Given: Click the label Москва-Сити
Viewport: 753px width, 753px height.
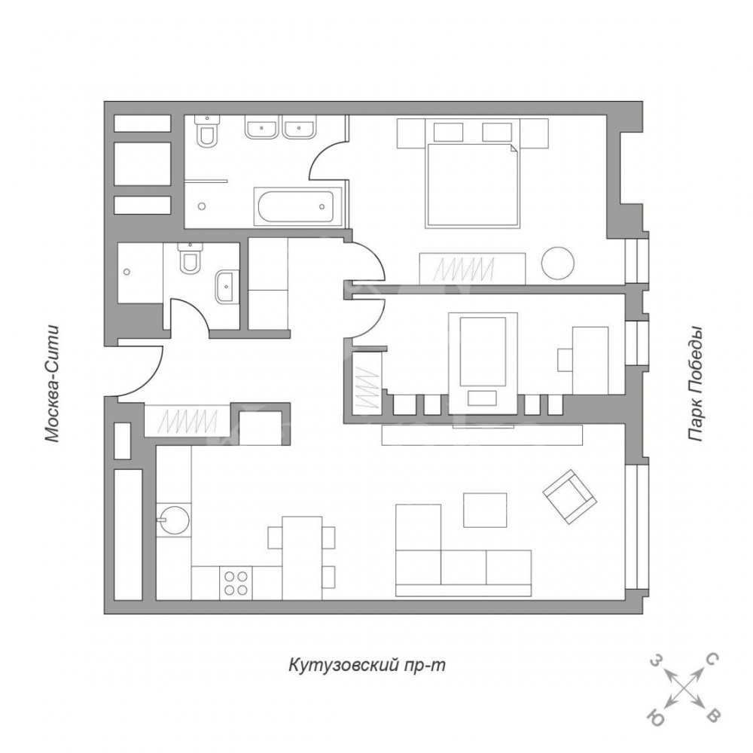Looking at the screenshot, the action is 52,384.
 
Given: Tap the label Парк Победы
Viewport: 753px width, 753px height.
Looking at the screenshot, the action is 694,384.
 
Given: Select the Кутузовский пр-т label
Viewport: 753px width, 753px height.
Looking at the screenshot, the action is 367,665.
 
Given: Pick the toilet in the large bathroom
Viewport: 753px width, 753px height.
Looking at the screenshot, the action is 208,130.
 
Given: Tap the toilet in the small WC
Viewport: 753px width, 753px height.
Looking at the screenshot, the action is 191,258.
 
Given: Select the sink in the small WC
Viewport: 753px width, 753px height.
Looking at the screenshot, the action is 227,287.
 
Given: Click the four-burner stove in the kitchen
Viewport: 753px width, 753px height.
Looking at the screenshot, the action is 236,583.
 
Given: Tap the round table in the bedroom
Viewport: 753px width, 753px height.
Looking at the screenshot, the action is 557,263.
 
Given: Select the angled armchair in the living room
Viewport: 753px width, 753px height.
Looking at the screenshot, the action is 569,496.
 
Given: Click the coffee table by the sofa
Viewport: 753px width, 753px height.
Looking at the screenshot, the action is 485,510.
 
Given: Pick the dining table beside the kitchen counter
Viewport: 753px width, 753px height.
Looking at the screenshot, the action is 302,558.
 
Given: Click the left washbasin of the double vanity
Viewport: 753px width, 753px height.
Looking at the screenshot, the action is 261,129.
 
